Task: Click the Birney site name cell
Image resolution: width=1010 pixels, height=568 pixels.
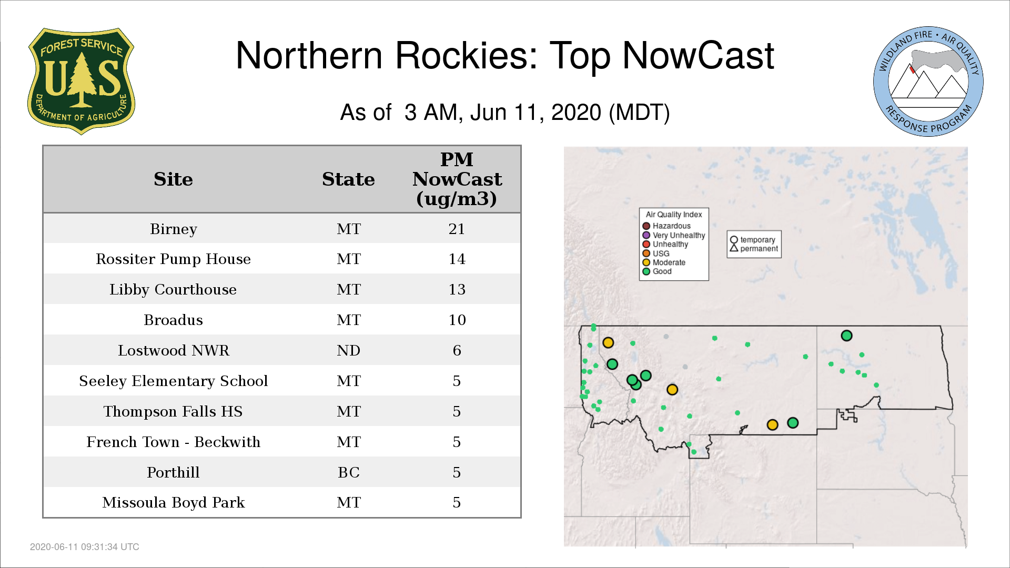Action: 173,229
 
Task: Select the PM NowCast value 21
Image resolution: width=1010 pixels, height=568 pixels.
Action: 457,229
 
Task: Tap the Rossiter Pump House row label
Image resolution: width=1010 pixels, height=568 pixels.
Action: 173,259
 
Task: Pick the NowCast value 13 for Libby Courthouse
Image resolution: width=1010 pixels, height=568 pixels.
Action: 457,289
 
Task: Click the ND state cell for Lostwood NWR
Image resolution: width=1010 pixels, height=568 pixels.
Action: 348,350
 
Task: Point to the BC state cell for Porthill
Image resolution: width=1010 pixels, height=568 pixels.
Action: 348,472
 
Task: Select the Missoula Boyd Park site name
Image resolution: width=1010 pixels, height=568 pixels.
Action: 173,502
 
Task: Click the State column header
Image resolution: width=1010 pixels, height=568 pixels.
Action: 348,179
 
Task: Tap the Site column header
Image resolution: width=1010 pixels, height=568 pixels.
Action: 173,179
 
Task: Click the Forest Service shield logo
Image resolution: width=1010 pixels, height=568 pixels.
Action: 81,82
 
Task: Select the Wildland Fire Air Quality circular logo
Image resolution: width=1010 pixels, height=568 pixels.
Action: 928,82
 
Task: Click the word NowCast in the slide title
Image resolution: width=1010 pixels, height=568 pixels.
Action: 698,55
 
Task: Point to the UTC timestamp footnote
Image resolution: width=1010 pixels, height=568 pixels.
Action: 84,547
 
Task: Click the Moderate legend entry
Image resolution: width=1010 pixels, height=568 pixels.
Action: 664,262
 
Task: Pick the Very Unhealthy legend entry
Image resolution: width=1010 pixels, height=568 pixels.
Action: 674,235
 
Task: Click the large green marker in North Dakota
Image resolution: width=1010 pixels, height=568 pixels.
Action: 846,336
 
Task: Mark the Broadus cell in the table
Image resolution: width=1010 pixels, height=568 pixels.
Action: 173,320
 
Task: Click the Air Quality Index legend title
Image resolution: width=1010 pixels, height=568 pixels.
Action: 674,215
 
